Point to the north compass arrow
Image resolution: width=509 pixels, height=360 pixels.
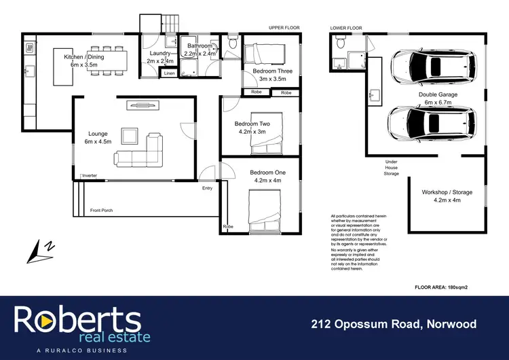(37, 253)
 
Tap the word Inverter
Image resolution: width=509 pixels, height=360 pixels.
(89, 176)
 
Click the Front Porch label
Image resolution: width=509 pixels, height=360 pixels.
(101, 211)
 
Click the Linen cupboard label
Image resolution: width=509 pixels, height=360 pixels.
(169, 73)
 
